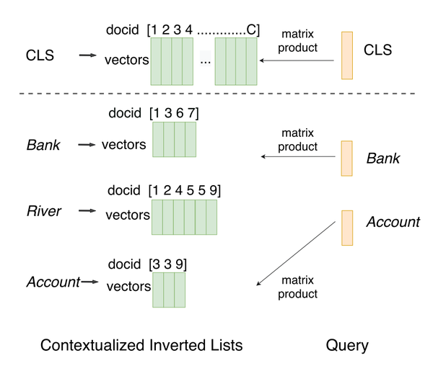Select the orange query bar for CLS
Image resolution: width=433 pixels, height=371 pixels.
[x=347, y=55]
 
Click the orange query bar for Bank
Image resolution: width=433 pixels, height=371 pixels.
[x=347, y=158]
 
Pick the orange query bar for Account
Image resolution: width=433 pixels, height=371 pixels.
[x=347, y=227]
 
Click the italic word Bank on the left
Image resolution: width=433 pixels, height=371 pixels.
[x=43, y=146]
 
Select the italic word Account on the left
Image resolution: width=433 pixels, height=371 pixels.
[x=53, y=282]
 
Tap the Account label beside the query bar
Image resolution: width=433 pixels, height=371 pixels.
[x=393, y=223]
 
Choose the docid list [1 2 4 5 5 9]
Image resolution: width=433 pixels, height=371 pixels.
[x=184, y=190]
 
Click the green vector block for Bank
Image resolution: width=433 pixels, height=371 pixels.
[x=175, y=140]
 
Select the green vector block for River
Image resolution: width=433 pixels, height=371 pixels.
[x=184, y=217]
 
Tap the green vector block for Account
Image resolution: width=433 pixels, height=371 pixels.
[x=169, y=289]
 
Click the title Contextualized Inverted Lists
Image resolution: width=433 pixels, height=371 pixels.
[x=141, y=346]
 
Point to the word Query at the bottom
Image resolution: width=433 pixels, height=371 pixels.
[x=347, y=346]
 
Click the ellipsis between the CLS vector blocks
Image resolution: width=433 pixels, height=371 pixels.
[x=206, y=61]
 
